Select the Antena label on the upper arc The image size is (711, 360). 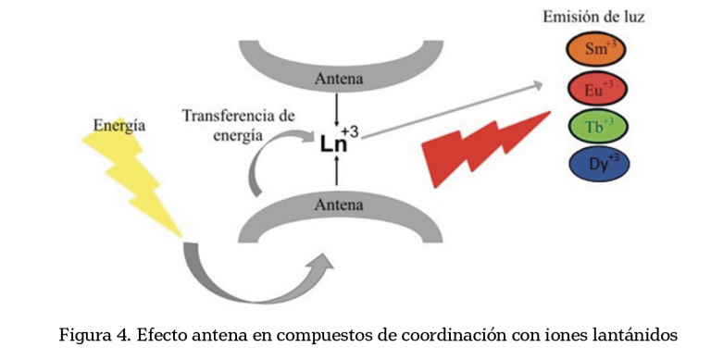[339, 78]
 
